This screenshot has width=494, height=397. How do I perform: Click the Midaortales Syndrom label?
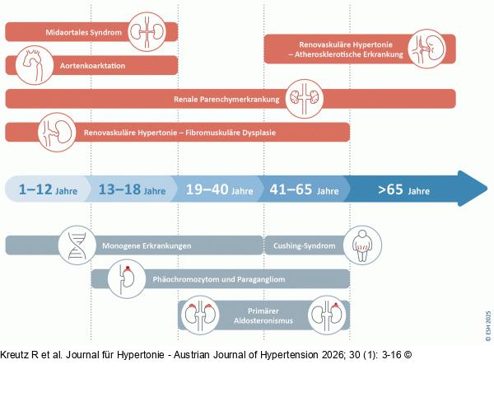(83, 32)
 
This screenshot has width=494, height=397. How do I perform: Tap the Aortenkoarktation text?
(92, 66)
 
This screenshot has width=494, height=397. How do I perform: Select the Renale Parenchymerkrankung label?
(226, 100)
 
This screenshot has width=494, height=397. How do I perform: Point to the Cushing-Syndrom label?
(305, 245)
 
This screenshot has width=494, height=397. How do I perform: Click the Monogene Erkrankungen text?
(147, 245)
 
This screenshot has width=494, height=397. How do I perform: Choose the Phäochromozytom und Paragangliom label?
(219, 279)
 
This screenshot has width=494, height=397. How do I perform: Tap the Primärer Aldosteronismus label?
(263, 315)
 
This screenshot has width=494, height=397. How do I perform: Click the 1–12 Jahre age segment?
(48, 189)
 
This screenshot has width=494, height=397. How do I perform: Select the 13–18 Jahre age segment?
(132, 189)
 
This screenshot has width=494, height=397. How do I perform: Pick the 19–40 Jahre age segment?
(219, 189)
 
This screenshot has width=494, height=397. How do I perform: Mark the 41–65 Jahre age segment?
(304, 189)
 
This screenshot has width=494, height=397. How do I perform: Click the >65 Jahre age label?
(404, 190)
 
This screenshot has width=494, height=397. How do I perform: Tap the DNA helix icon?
(77, 245)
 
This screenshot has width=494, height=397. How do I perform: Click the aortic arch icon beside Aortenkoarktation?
(35, 65)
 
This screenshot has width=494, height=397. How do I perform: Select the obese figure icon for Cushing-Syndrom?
(362, 245)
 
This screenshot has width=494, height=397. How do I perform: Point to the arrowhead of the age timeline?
(487, 189)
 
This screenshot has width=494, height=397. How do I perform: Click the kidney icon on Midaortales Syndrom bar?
(147, 32)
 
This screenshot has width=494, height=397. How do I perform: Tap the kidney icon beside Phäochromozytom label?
(127, 279)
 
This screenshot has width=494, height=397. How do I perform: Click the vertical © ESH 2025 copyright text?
(488, 326)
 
